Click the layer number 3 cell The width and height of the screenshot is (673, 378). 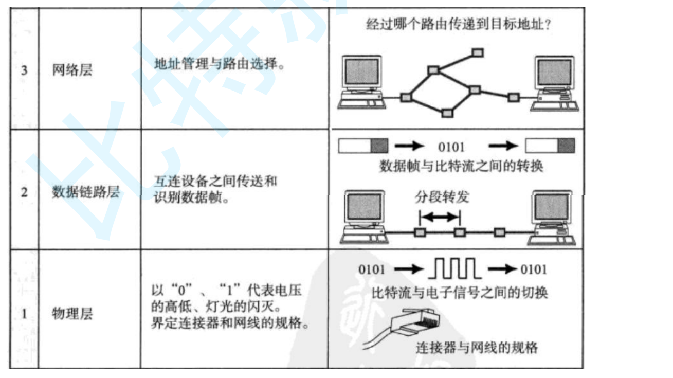(x=24, y=70)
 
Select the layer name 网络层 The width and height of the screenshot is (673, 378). (x=72, y=70)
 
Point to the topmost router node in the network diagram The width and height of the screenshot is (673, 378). (x=478, y=52)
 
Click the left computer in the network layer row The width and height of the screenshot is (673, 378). (x=362, y=82)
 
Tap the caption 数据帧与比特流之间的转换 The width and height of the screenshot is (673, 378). (x=461, y=167)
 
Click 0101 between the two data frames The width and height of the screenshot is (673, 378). (x=451, y=147)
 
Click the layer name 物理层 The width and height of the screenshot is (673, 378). (x=72, y=314)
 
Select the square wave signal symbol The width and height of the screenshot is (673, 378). (x=454, y=268)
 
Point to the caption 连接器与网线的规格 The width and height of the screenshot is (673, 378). (x=477, y=348)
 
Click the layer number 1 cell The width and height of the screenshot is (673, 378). (x=24, y=314)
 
